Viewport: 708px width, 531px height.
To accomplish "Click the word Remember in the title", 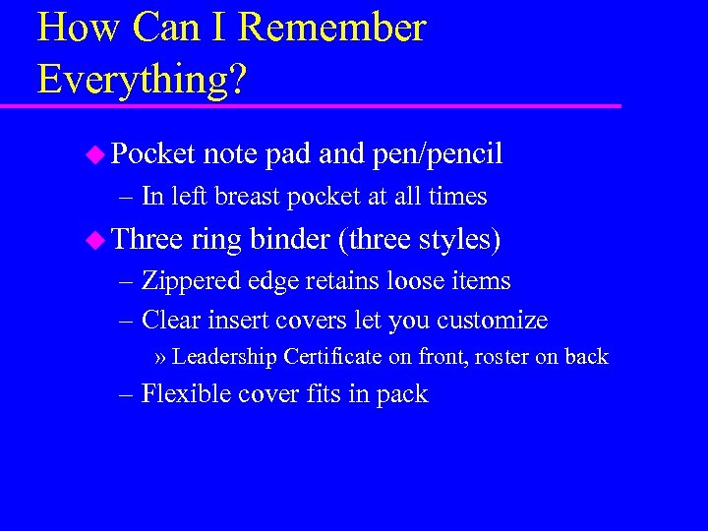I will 331,29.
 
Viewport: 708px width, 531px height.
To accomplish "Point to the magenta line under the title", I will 324,105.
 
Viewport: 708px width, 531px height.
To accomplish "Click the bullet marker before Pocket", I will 94,153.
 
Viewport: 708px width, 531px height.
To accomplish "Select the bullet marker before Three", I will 94,239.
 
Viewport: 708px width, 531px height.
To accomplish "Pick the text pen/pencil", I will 438,154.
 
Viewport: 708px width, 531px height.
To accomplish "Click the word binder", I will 290,239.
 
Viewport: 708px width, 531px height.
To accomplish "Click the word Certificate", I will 331,357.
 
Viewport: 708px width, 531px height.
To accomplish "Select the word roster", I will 502,357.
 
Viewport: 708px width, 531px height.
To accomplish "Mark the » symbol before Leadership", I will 161,358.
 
